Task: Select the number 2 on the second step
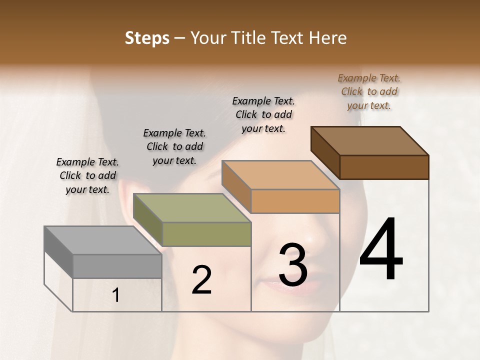(201, 280)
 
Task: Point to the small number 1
(116, 295)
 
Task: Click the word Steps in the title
(147, 38)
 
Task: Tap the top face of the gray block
(102, 240)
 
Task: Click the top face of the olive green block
(191, 208)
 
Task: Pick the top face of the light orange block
(280, 175)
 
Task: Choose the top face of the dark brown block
(369, 141)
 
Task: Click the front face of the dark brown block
(384, 167)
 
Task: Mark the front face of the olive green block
(206, 234)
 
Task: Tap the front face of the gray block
(117, 266)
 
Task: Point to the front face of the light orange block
(295, 201)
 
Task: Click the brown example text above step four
(369, 91)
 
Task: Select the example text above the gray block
(87, 175)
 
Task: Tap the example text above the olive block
(174, 146)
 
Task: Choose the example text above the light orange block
(263, 114)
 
